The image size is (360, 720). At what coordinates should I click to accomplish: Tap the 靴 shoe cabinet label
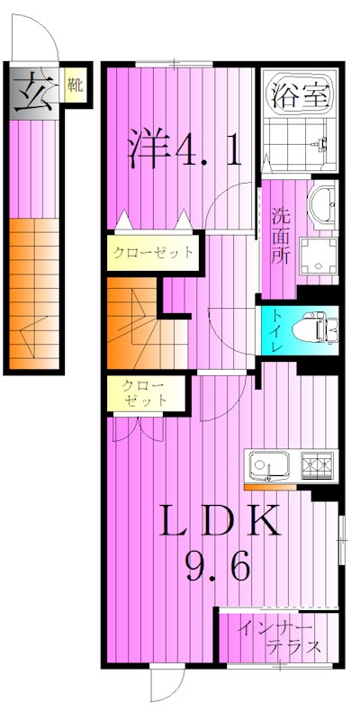(76, 87)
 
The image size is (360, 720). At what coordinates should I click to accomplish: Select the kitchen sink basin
(268, 466)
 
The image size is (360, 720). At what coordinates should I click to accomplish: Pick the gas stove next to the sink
(316, 464)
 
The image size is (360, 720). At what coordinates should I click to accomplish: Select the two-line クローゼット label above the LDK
(144, 394)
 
